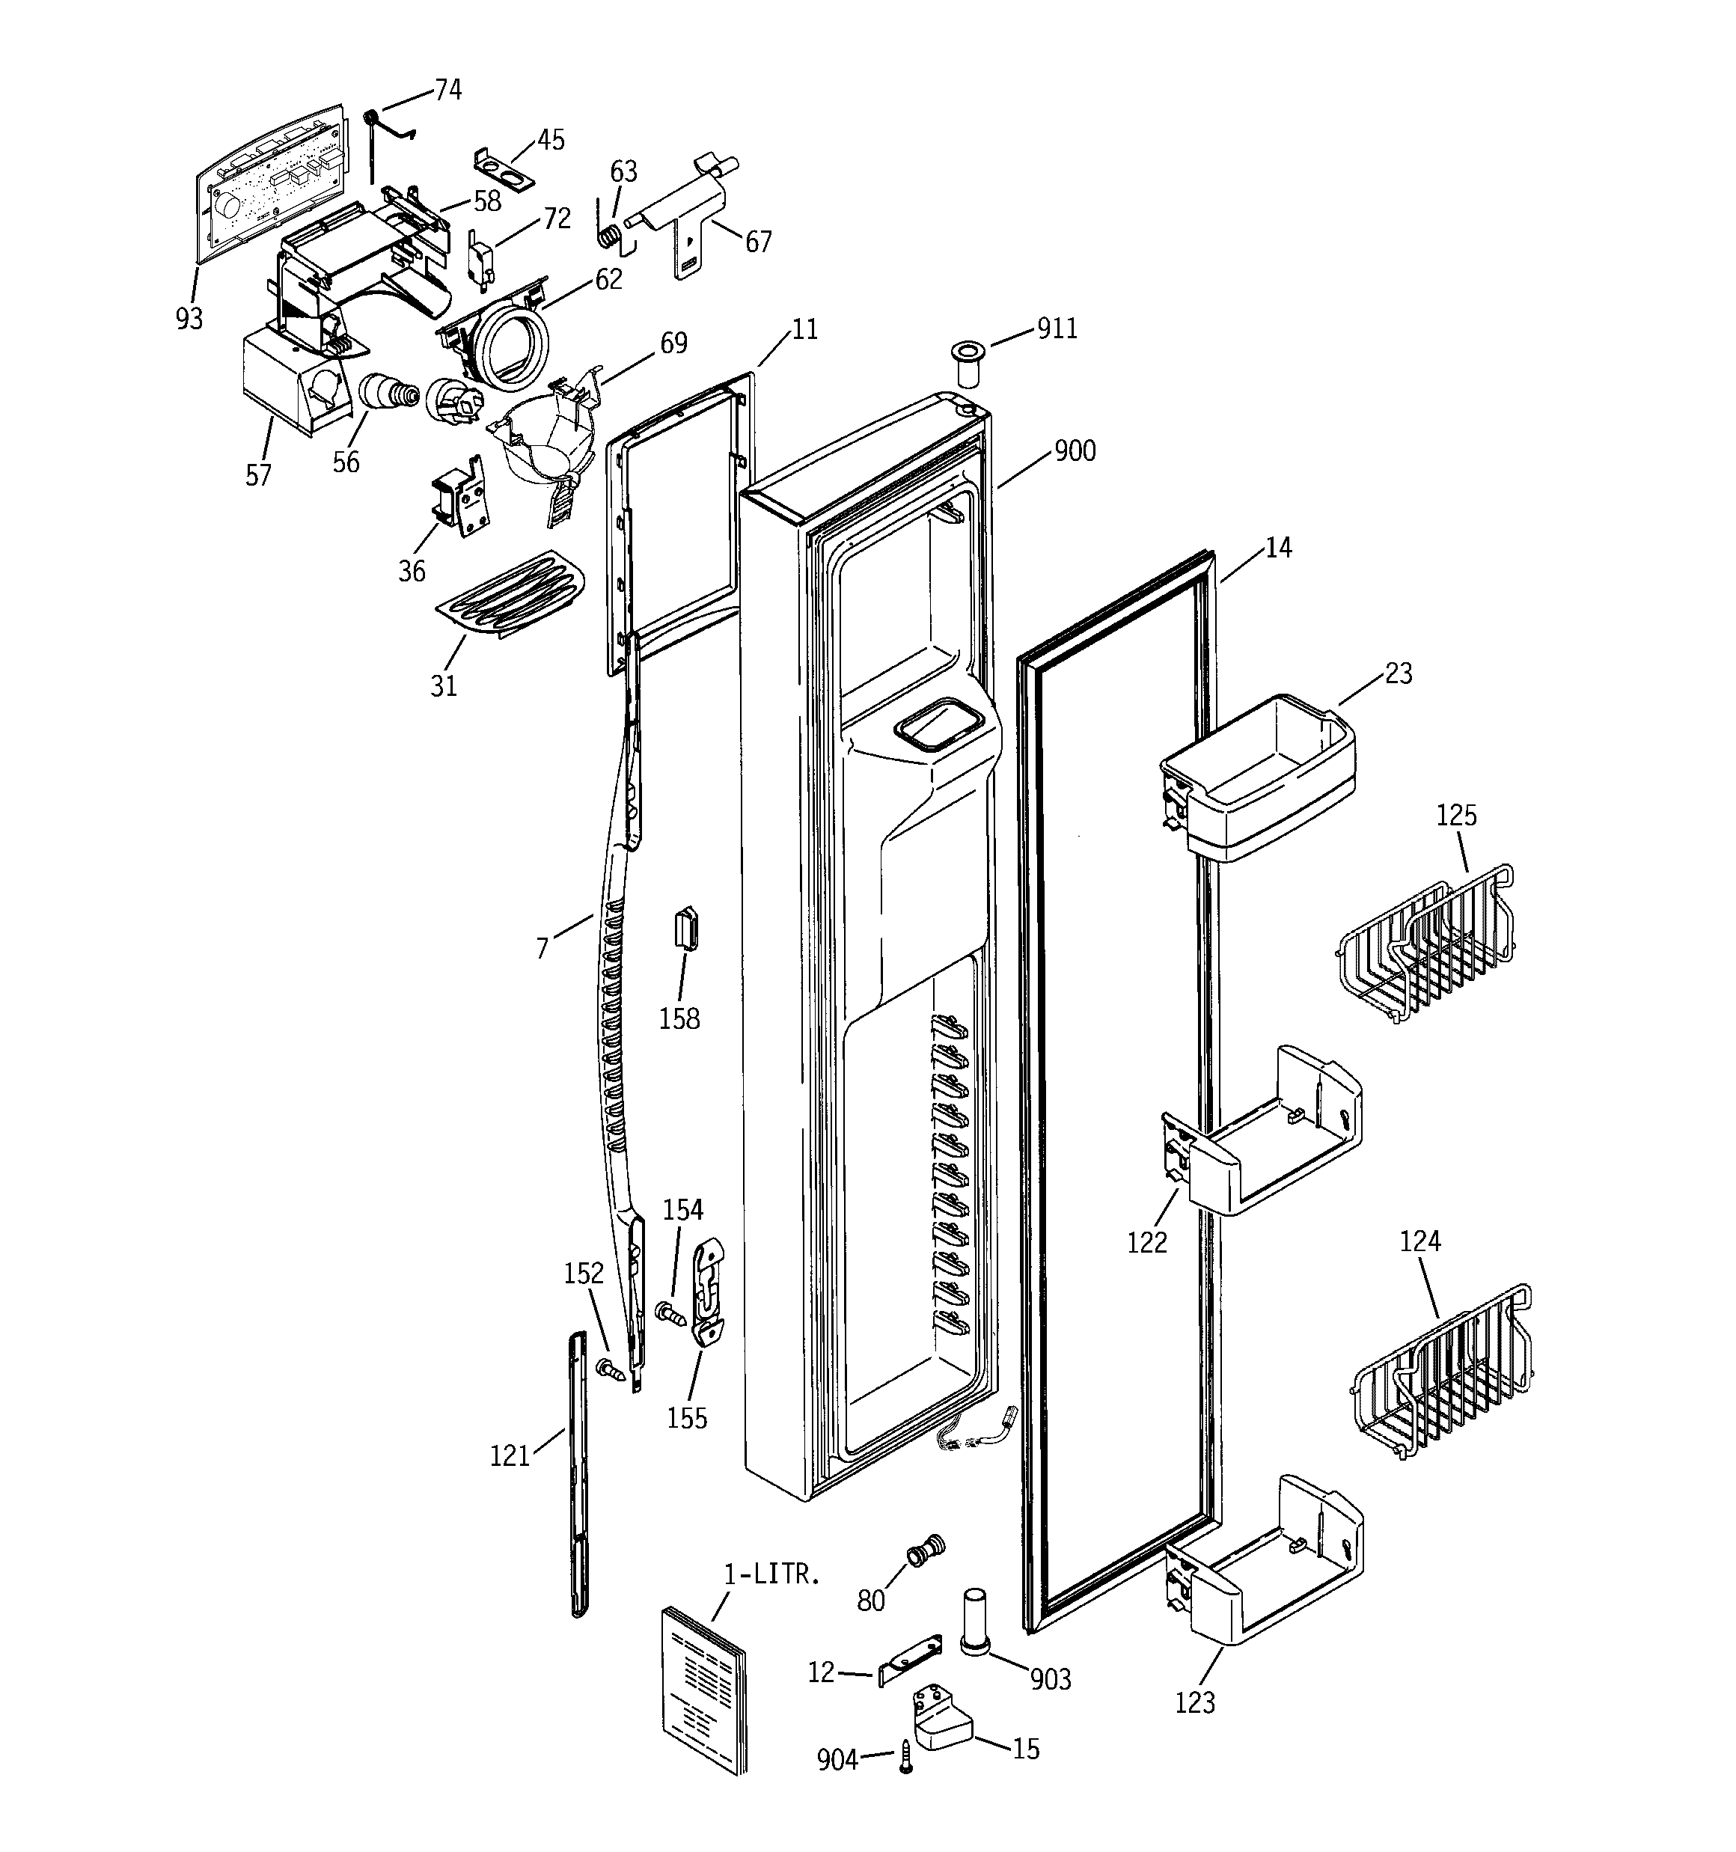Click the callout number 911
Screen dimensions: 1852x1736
(x=1057, y=328)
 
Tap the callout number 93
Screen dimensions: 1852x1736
(x=189, y=319)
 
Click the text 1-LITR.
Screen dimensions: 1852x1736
(x=772, y=1575)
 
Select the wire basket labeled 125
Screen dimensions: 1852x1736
(x=1425, y=946)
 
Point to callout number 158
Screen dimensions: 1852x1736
(x=679, y=1018)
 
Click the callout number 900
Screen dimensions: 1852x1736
(x=1074, y=451)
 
